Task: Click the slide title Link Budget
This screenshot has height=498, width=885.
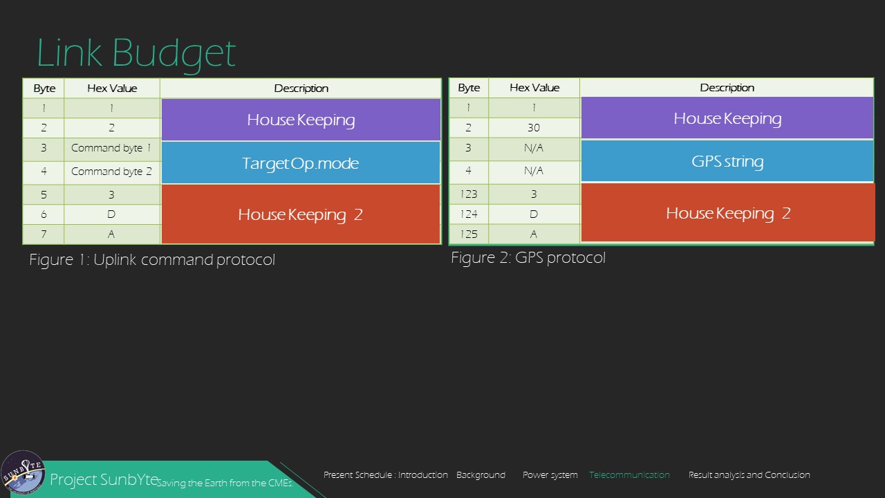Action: point(136,53)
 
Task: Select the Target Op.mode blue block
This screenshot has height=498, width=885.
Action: point(301,163)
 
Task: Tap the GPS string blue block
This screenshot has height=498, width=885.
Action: point(727,161)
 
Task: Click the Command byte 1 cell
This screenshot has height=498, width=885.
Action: point(112,148)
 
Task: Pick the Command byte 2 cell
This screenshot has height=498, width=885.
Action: point(112,172)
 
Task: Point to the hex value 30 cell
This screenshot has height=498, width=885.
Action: point(534,128)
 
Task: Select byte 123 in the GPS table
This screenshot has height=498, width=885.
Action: point(469,194)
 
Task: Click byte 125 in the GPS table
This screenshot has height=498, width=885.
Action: point(469,234)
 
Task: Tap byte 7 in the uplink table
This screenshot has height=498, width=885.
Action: point(44,234)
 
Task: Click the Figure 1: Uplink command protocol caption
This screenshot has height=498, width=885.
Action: point(152,259)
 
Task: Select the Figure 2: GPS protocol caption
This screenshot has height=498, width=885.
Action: point(528,258)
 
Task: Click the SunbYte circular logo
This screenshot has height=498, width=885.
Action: point(23,472)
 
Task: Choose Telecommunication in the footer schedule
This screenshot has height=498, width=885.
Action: point(629,474)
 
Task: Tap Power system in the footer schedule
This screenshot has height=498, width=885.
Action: point(550,475)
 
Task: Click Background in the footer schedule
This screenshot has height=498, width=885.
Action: point(481,475)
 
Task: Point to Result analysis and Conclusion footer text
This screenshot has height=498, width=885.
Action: point(749,475)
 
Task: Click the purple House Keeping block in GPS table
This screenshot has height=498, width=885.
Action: point(727,118)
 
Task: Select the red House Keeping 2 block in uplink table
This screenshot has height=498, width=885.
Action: point(301,214)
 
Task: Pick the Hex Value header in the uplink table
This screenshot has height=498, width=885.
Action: point(112,88)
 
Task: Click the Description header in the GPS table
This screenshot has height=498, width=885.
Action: point(727,87)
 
